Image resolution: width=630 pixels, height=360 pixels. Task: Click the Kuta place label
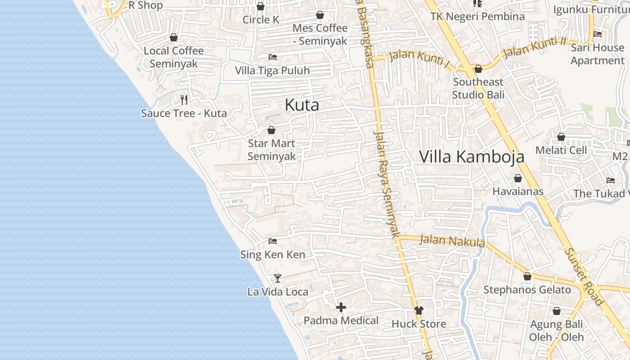click(302, 105)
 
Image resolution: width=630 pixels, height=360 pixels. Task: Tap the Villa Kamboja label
click(472, 156)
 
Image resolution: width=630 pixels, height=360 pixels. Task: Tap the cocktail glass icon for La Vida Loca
click(278, 279)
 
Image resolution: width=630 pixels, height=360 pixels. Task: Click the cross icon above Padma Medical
click(341, 307)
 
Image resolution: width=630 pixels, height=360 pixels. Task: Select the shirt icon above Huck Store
click(419, 310)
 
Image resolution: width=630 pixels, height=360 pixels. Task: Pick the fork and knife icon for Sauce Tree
click(184, 99)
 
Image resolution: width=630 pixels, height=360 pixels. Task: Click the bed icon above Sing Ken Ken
click(272, 241)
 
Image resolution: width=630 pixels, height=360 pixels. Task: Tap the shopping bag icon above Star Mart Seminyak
click(271, 130)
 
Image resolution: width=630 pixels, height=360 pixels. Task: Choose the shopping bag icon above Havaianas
click(518, 178)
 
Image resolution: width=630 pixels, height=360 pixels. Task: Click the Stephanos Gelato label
click(527, 289)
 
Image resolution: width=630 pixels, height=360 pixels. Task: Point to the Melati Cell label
click(561, 150)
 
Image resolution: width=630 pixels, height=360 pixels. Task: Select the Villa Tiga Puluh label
click(272, 71)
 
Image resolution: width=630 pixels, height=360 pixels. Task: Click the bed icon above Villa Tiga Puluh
click(272, 57)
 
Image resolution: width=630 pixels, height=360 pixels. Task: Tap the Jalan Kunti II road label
click(534, 47)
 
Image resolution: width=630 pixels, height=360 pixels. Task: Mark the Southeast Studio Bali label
click(478, 88)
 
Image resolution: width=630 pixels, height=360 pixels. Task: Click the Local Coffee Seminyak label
click(174, 57)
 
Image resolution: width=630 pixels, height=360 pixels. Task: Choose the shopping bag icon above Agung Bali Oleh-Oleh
click(557, 311)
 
